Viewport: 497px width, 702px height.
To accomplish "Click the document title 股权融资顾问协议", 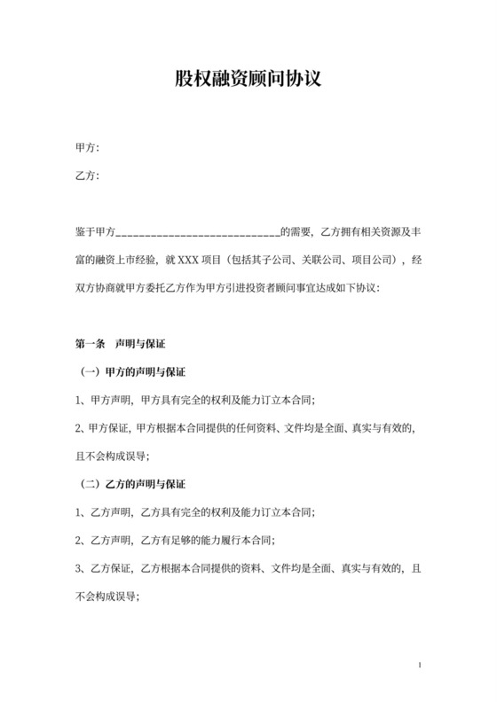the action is tap(248, 79).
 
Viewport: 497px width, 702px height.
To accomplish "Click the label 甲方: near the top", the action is tap(87, 146).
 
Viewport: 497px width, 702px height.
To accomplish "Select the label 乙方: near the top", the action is tap(87, 175).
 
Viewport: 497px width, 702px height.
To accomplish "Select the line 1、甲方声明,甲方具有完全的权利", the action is tap(196, 399).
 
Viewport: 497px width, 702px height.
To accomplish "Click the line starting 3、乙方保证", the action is tap(240, 569).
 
